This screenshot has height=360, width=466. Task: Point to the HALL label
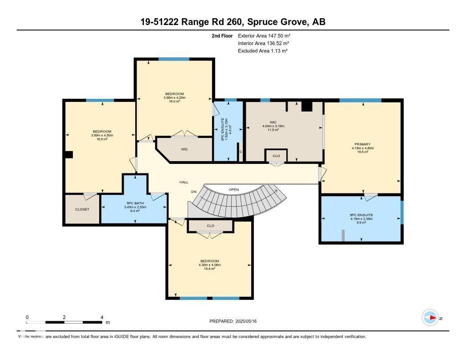(x=184, y=182)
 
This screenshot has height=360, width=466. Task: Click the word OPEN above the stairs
(x=234, y=189)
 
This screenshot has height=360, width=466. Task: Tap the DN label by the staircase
(x=194, y=192)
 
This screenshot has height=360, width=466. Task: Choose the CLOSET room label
(x=82, y=209)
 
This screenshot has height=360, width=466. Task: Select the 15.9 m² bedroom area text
(x=209, y=269)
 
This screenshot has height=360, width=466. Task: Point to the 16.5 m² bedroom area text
(x=102, y=139)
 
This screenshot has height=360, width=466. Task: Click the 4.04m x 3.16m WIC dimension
(x=273, y=126)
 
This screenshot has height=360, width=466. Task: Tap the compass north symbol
(x=430, y=318)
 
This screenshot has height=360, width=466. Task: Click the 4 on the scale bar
(x=102, y=317)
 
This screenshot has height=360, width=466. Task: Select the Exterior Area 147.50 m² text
(x=264, y=35)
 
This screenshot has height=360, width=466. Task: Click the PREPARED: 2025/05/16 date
(x=233, y=321)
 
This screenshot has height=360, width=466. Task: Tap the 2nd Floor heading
(x=222, y=35)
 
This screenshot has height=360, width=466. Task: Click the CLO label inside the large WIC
(x=276, y=155)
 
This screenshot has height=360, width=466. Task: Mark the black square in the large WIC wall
(x=307, y=106)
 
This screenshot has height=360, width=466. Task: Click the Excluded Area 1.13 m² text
(x=263, y=51)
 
